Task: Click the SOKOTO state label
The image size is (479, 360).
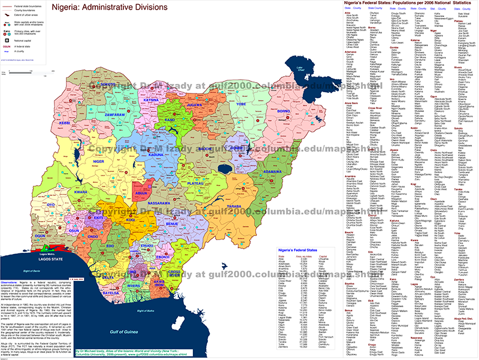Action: (108, 84)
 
